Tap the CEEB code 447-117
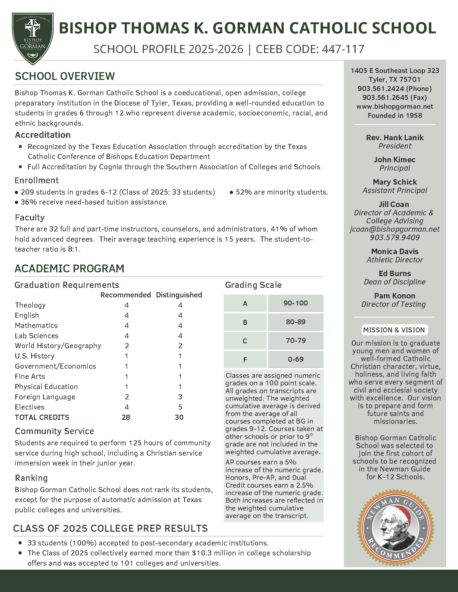[x=343, y=49]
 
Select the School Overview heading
[x=65, y=76]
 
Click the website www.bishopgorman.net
[x=395, y=107]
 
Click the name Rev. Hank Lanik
[x=395, y=138]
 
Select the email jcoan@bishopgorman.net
[x=395, y=229]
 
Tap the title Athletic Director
[x=395, y=260]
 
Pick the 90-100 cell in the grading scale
[x=296, y=303]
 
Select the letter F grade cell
[x=245, y=360]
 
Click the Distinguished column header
[x=179, y=295]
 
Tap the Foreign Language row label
[x=45, y=397]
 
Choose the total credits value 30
[x=179, y=417]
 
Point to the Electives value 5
[x=180, y=407]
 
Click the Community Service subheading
[x=54, y=431]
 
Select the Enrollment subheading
[x=37, y=180]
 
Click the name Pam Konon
[x=395, y=296]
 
